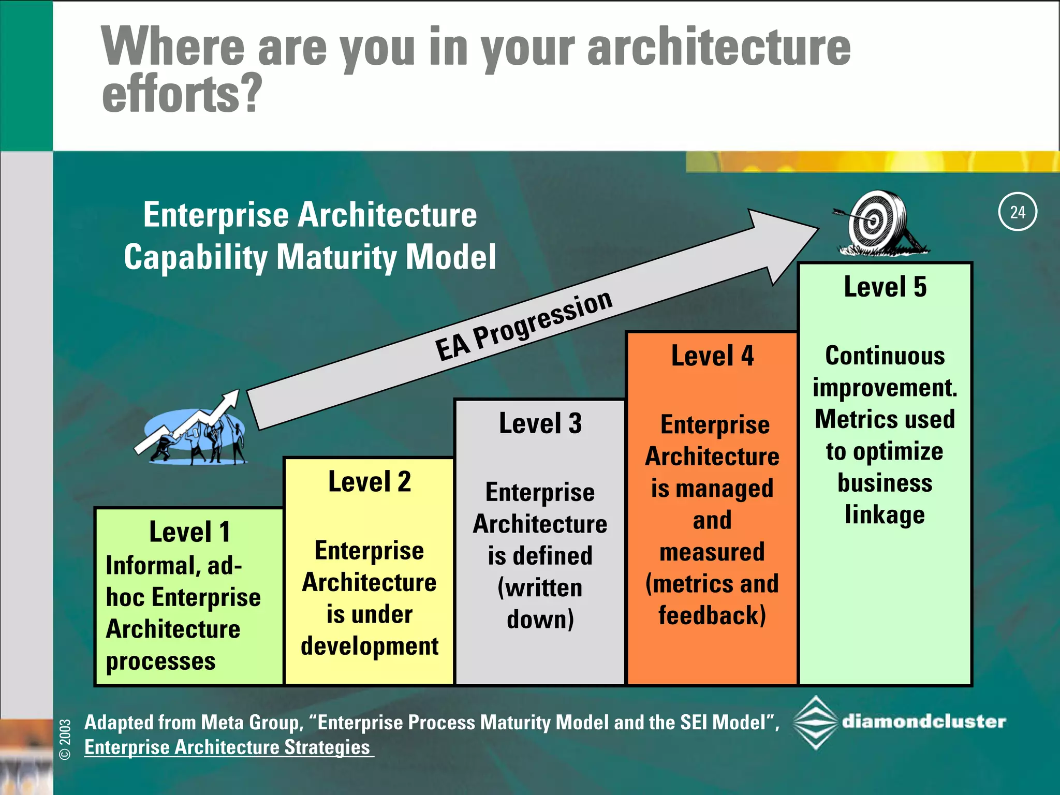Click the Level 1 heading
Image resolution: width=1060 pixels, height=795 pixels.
click(189, 532)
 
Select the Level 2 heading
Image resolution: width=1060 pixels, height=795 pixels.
click(370, 482)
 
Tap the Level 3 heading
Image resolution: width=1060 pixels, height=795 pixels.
click(540, 423)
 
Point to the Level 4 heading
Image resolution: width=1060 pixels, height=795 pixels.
click(712, 356)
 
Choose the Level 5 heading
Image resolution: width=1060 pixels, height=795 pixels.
click(885, 287)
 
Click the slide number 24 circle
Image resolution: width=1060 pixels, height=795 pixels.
click(1017, 212)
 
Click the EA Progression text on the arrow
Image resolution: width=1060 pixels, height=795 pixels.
click(523, 326)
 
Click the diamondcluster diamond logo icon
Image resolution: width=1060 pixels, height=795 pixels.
click(815, 723)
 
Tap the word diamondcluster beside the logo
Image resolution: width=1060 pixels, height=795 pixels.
click(924, 722)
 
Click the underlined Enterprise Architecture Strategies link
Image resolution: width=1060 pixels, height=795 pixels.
click(228, 747)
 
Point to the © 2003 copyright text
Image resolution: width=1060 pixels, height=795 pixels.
click(65, 739)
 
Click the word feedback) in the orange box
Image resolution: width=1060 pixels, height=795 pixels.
click(712, 616)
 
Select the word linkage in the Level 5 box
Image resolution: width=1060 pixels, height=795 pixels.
click(885, 515)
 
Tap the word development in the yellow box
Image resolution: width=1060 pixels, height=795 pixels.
click(370, 646)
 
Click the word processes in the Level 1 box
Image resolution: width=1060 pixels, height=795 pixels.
click(161, 661)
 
